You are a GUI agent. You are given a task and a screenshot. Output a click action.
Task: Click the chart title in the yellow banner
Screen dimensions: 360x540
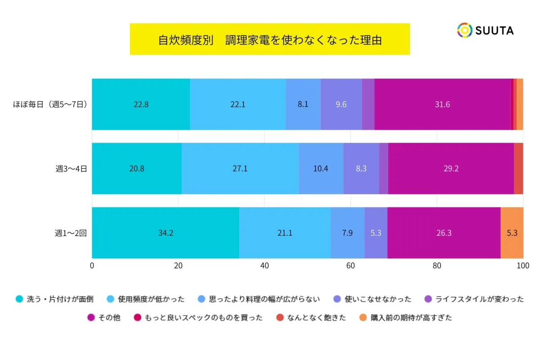click(x=270, y=40)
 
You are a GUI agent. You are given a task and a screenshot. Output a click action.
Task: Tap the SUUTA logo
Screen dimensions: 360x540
click(x=485, y=30)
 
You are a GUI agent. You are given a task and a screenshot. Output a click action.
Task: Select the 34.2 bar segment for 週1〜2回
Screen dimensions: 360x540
click(x=166, y=233)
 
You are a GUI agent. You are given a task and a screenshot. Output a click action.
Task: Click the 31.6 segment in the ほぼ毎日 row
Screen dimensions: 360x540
click(x=442, y=104)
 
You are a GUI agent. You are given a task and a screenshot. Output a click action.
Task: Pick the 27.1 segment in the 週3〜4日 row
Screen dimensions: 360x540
click(x=240, y=169)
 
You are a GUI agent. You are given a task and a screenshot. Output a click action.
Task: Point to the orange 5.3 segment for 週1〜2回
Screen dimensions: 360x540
click(x=512, y=233)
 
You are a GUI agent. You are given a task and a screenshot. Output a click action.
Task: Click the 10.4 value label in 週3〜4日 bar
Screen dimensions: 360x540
click(x=320, y=169)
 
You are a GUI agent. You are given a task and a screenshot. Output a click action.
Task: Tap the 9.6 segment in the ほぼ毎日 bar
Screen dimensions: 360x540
click(x=341, y=104)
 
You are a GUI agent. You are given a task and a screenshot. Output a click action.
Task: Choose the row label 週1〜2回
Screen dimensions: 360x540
click(x=71, y=233)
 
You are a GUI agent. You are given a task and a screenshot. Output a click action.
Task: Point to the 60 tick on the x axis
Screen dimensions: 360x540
click(x=351, y=265)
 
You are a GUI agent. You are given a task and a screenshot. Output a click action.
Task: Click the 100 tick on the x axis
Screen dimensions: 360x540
click(x=522, y=265)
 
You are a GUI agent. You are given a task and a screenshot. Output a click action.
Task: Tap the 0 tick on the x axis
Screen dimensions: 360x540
click(x=92, y=265)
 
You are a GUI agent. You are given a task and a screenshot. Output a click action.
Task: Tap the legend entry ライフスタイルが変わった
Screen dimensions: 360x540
click(x=474, y=299)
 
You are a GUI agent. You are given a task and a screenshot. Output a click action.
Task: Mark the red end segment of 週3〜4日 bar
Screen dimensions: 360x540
click(x=518, y=169)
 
